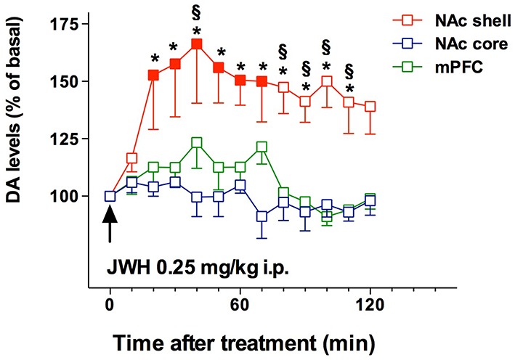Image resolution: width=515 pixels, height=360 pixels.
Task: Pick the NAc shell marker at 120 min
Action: point(370,107)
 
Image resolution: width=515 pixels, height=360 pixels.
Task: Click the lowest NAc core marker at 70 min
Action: point(262,216)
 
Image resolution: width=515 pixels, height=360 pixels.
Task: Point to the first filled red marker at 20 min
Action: point(153,75)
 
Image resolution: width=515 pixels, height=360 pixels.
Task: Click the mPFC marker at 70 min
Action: point(262,147)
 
